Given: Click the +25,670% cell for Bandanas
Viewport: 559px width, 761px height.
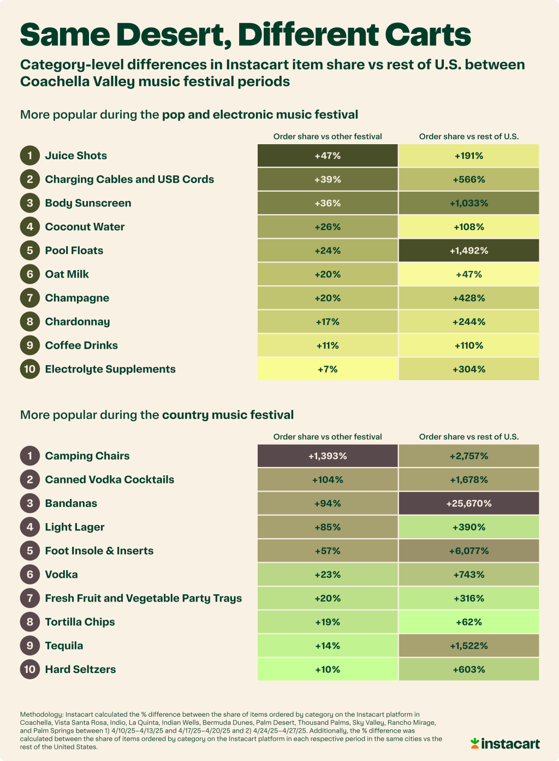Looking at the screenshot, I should [x=469, y=503].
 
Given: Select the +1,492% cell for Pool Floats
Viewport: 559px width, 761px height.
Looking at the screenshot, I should [x=469, y=250].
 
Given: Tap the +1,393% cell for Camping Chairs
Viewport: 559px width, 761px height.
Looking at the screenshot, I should [x=328, y=456].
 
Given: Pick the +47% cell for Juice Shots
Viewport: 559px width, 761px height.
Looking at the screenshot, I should [x=328, y=156].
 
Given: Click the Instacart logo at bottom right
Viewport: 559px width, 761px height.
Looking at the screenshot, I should [x=505, y=744].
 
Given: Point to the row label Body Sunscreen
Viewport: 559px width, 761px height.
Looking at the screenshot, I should [x=88, y=203].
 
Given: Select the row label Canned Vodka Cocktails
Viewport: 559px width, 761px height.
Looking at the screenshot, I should [x=109, y=480].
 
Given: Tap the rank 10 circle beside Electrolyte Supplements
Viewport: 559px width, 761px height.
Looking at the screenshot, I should [x=30, y=369].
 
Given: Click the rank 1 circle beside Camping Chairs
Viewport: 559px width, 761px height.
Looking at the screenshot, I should [x=30, y=456].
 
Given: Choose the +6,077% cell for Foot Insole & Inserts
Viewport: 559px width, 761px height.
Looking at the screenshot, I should [x=469, y=551].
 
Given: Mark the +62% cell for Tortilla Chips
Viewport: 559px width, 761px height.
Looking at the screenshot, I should [x=469, y=622].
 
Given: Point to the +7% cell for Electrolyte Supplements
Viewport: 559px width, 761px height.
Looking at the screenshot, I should [x=328, y=369].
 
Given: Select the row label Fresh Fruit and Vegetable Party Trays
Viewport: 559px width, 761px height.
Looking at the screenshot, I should [x=143, y=598].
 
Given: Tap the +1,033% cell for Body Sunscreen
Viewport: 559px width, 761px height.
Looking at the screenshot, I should [x=469, y=203].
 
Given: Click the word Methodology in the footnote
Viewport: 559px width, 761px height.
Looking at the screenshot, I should [x=41, y=714].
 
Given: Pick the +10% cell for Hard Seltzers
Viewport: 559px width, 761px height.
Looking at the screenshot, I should [x=328, y=669].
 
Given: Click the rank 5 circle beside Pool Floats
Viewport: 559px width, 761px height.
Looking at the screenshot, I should [x=30, y=250].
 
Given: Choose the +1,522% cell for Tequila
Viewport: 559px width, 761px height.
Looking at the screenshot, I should [x=469, y=646].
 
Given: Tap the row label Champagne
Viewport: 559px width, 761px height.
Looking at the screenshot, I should [x=77, y=298].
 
